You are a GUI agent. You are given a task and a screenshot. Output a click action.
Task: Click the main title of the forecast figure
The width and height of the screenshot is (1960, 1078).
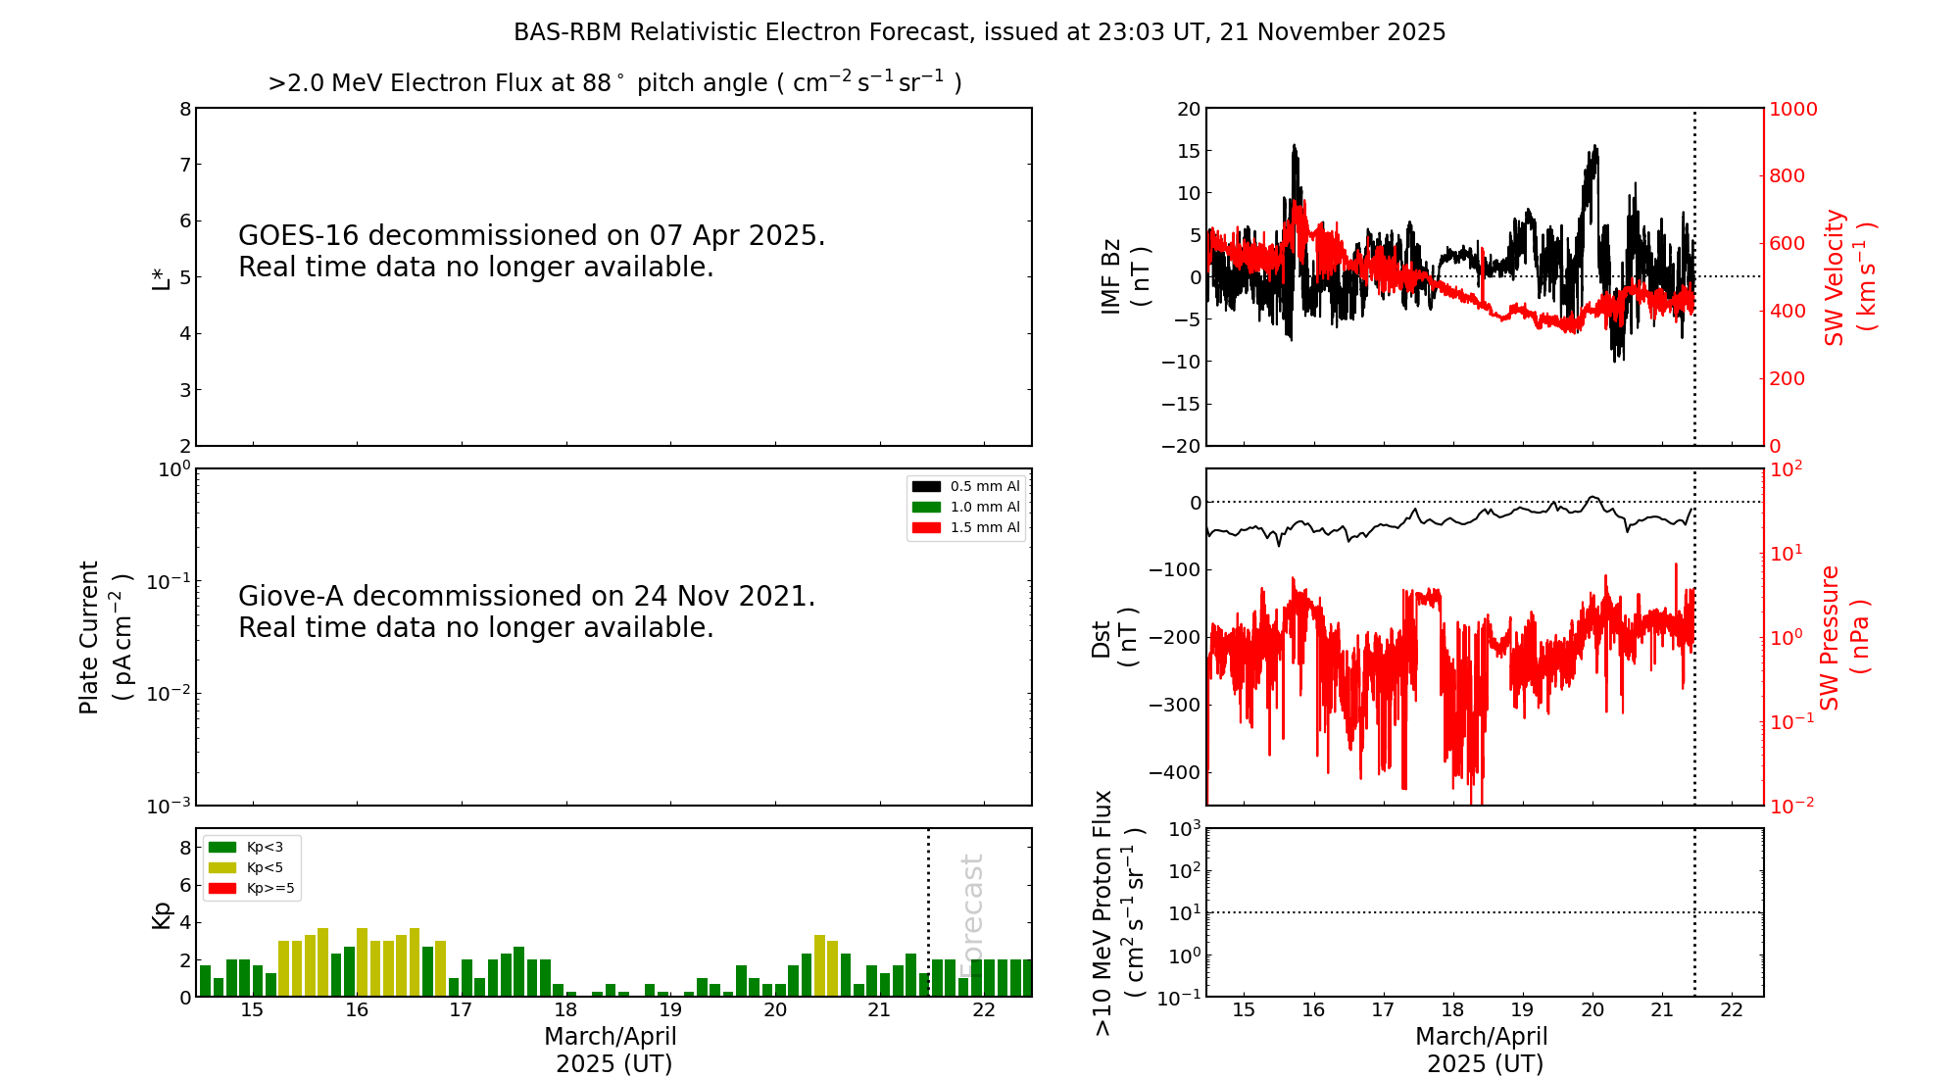pyautogui.click(x=979, y=32)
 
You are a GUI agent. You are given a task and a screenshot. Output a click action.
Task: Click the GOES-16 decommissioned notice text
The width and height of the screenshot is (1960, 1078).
pyautogui.click(x=531, y=251)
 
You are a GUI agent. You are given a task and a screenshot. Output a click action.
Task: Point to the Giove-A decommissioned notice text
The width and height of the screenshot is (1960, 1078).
pyautogui.click(x=526, y=612)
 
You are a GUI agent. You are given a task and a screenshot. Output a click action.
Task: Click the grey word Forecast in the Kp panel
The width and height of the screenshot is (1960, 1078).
pyautogui.click(x=971, y=913)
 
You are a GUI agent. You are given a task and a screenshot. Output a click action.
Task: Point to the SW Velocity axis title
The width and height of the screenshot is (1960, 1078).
pyautogui.click(x=1848, y=277)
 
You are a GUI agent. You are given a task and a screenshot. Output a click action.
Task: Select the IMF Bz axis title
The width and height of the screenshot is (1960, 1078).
pyautogui.click(x=1124, y=276)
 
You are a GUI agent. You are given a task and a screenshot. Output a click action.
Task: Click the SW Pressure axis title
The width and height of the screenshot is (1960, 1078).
pyautogui.click(x=1843, y=637)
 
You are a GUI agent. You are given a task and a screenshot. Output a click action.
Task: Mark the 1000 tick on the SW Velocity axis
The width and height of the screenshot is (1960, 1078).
pyautogui.click(x=1792, y=109)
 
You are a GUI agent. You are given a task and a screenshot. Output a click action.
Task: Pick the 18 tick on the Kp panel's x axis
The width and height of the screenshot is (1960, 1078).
pyautogui.click(x=565, y=1010)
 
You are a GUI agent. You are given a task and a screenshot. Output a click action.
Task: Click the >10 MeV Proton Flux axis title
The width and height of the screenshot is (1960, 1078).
pyautogui.click(x=1118, y=912)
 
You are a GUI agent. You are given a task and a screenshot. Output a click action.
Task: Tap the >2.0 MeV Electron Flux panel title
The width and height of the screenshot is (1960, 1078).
pyautogui.click(x=614, y=83)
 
